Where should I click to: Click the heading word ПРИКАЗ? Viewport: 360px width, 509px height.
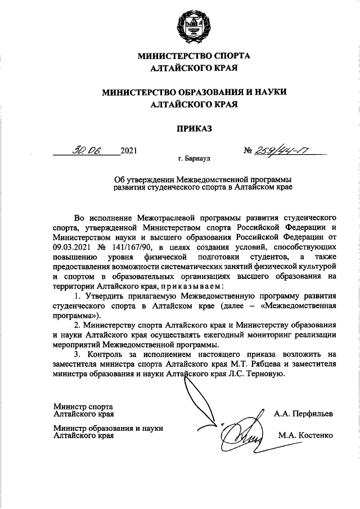click(194, 129)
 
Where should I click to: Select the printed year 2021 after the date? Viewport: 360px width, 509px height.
click(129, 151)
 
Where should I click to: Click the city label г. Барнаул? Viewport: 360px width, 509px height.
click(194, 160)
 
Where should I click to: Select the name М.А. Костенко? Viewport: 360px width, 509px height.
click(305, 435)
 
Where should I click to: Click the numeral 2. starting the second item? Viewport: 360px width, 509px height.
click(78, 325)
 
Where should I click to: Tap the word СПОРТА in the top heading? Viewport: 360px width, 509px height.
click(229, 56)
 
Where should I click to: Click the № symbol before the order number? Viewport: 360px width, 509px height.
click(247, 151)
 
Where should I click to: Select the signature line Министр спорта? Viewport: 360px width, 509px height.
click(83, 406)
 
